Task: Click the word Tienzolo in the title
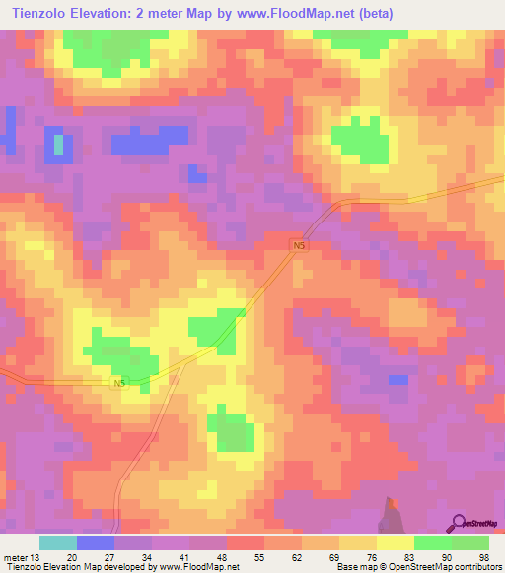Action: pyautogui.click(x=44, y=13)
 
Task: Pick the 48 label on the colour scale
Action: pyautogui.click(x=227, y=556)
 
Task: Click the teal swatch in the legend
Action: pyautogui.click(x=58, y=542)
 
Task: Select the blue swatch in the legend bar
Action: pyautogui.click(x=96, y=542)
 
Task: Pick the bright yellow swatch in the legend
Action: pyautogui.click(x=395, y=542)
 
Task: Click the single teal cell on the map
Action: pyautogui.click(x=58, y=145)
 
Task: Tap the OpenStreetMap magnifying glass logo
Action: pyautogui.click(x=460, y=522)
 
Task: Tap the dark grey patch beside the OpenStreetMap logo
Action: pyautogui.click(x=395, y=515)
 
